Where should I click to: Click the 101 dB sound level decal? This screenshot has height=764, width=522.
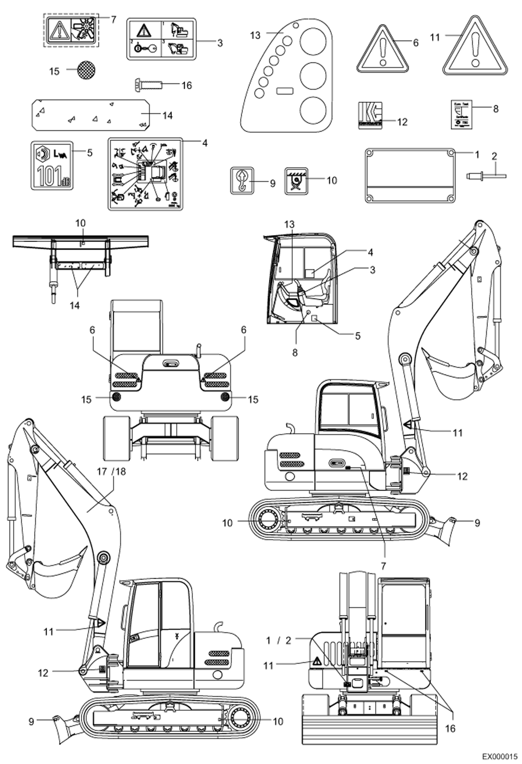tap(52, 165)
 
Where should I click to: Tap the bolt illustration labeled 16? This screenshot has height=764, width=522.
tap(148, 85)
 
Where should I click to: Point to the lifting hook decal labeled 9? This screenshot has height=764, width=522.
tap(242, 180)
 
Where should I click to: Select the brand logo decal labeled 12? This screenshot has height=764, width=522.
tap(370, 115)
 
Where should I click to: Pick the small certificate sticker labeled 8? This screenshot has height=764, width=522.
tap(461, 115)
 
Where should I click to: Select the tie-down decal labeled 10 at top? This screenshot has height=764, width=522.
tap(296, 180)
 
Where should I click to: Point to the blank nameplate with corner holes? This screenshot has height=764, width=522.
tap(410, 175)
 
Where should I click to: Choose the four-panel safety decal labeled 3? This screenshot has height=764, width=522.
tap(161, 39)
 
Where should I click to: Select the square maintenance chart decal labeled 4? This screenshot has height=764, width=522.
tap(145, 173)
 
